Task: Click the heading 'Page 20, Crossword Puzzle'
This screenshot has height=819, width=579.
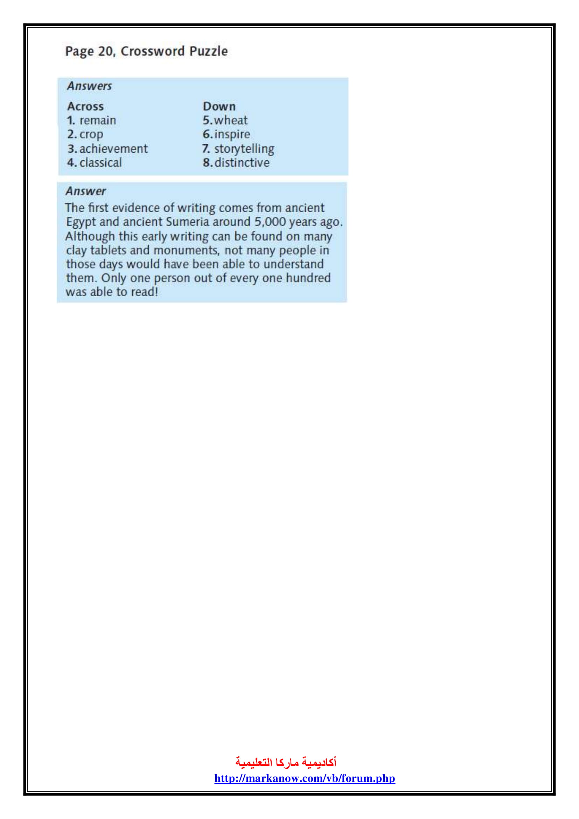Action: click(x=146, y=51)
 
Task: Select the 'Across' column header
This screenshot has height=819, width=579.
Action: click(x=85, y=106)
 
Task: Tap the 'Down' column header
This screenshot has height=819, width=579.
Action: click(x=219, y=106)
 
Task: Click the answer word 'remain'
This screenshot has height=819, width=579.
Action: click(x=98, y=120)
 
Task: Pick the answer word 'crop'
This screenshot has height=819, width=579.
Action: click(x=91, y=134)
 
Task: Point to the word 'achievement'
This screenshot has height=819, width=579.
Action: click(x=113, y=149)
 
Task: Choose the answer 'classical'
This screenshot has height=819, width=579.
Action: click(x=100, y=163)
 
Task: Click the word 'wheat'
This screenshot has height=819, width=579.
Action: click(x=231, y=120)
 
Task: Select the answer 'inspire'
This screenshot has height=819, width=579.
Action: click(x=232, y=134)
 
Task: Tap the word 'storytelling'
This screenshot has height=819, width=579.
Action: click(x=244, y=149)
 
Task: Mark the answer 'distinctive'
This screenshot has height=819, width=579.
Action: click(x=242, y=163)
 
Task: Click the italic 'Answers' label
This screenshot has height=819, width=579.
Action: click(x=89, y=86)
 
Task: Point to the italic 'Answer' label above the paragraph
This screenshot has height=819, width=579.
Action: click(x=85, y=191)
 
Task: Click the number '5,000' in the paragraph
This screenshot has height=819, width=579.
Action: click(x=270, y=222)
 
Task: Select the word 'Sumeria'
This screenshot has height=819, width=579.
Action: click(x=188, y=222)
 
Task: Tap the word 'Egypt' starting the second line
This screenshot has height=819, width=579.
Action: click(x=81, y=222)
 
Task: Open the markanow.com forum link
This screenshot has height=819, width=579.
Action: click(x=305, y=778)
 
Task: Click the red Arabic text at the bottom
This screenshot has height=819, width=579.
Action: click(x=286, y=762)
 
